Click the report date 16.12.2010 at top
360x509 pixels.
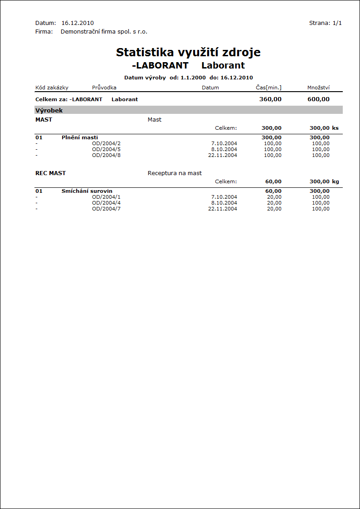click(78, 23)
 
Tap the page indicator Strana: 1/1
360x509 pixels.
click(325, 23)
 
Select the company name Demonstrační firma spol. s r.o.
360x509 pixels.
click(104, 32)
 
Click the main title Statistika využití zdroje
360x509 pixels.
click(188, 52)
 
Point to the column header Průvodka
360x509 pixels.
click(104, 88)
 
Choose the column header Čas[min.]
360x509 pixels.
click(268, 88)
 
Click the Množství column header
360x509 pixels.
click(318, 88)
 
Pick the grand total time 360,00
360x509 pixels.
click(270, 99)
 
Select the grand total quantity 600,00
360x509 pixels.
click(318, 99)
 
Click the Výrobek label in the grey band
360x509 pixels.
click(49, 110)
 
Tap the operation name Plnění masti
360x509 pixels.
click(80, 137)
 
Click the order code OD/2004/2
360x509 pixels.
click(106, 143)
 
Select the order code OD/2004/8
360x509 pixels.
click(106, 155)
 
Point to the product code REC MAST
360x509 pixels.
click(50, 173)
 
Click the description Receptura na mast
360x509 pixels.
click(175, 173)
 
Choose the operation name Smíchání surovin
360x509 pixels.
click(87, 191)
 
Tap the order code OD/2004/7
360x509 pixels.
click(106, 209)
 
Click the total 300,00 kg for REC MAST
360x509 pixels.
click(324, 181)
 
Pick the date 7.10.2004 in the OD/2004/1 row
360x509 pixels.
click(224, 197)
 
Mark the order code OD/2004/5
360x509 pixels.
click(106, 149)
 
